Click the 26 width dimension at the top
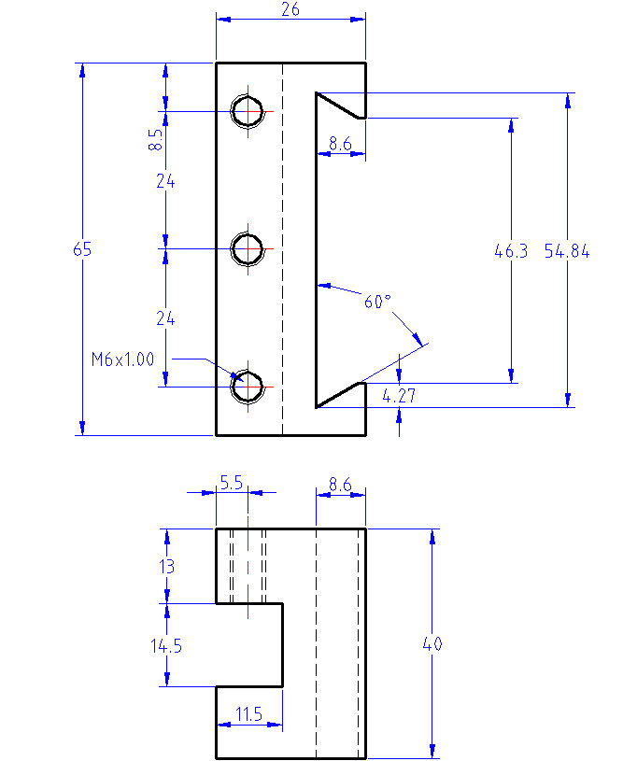point(290,9)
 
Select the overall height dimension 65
point(82,249)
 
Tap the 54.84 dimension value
point(567,251)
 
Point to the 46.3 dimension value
point(511,251)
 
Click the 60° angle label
point(377,302)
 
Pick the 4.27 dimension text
point(399,396)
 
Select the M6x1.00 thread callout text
point(123,359)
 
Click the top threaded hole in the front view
point(248,111)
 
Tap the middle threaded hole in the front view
point(248,249)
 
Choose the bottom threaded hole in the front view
point(248,387)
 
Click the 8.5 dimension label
point(155,139)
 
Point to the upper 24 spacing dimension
point(165,181)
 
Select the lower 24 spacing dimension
point(165,318)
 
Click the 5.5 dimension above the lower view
point(231,483)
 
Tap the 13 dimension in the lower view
point(166,567)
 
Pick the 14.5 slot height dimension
point(166,646)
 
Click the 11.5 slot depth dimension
point(248,714)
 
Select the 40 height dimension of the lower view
point(432,644)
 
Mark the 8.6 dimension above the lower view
point(340,485)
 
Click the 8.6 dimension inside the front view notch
point(340,144)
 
